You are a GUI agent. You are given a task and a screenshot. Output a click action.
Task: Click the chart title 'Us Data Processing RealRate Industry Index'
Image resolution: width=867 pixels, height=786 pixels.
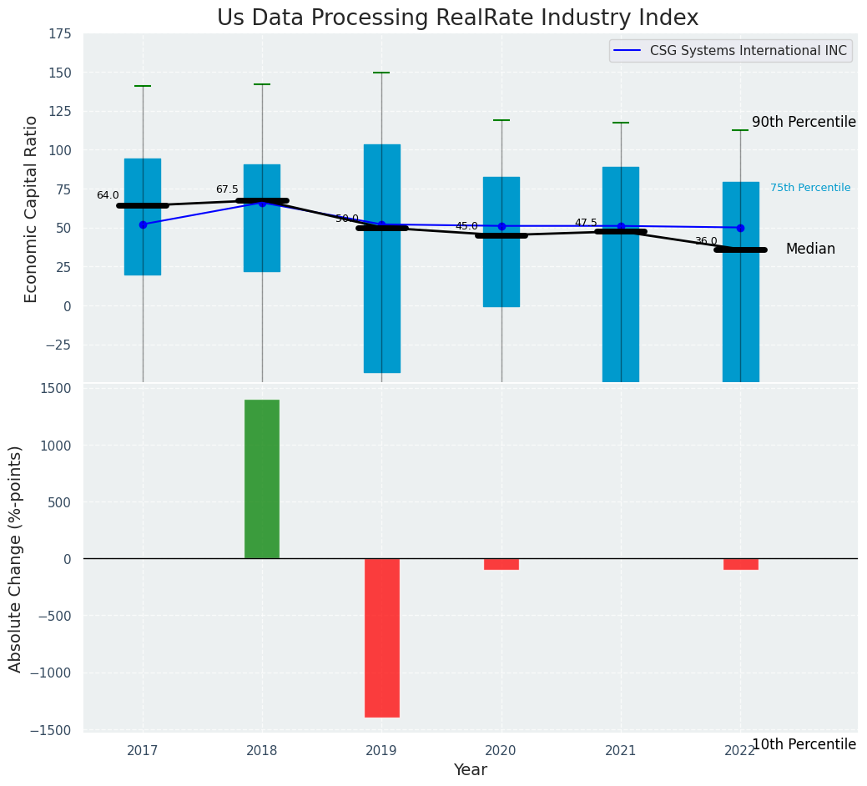[457, 18]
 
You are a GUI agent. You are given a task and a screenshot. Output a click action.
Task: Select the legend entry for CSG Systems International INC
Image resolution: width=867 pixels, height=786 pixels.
[730, 51]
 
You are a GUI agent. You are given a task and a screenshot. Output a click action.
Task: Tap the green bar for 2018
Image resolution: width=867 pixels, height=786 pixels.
[262, 479]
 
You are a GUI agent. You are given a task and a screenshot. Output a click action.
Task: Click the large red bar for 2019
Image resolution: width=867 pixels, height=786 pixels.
[381, 637]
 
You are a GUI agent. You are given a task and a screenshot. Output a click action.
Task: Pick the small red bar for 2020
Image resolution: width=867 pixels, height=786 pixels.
[502, 564]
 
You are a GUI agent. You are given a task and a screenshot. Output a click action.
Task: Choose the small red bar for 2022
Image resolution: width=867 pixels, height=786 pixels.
[740, 564]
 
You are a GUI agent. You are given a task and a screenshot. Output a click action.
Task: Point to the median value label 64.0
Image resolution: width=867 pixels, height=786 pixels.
[108, 195]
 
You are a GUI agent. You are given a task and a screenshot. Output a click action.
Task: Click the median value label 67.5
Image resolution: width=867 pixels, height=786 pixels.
[227, 189]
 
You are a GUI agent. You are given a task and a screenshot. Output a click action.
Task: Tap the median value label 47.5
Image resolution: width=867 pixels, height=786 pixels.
[586, 223]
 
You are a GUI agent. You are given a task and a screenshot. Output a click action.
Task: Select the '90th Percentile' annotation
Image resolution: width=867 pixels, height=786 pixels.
[804, 122]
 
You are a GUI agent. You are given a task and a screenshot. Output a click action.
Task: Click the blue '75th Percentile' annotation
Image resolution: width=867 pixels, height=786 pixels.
[810, 188]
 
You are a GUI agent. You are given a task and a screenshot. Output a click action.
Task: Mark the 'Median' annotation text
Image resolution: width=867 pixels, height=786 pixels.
[810, 249]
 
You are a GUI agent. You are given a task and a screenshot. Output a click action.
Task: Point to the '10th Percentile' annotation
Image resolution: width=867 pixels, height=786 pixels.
[804, 744]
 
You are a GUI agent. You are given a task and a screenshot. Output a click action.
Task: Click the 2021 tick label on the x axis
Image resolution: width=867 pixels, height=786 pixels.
[621, 751]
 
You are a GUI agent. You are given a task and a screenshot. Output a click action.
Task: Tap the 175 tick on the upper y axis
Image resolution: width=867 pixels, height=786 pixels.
[59, 34]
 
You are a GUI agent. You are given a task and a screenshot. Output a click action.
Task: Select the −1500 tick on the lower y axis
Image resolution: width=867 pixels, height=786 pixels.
[55, 730]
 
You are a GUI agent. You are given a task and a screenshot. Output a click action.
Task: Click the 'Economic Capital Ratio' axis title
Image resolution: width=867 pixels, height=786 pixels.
[31, 209]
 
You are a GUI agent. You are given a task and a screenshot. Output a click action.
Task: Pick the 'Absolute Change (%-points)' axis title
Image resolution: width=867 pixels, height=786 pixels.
[15, 558]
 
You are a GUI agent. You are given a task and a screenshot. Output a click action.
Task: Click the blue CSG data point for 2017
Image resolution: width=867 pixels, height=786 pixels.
[143, 224]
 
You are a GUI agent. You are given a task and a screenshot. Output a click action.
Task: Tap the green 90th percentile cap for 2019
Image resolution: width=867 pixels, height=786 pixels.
[381, 73]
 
